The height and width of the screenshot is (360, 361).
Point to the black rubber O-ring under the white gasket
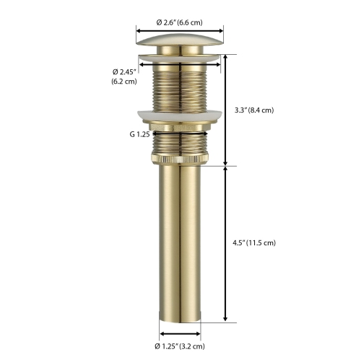180,132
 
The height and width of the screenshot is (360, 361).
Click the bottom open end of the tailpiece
180,322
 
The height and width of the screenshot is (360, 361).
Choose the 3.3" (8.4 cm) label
253,110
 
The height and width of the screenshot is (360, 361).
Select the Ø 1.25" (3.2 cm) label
179,347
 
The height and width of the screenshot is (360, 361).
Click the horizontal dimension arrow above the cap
179,30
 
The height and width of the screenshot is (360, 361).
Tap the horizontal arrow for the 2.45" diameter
180,64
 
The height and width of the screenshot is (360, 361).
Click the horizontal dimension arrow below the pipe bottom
179,334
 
